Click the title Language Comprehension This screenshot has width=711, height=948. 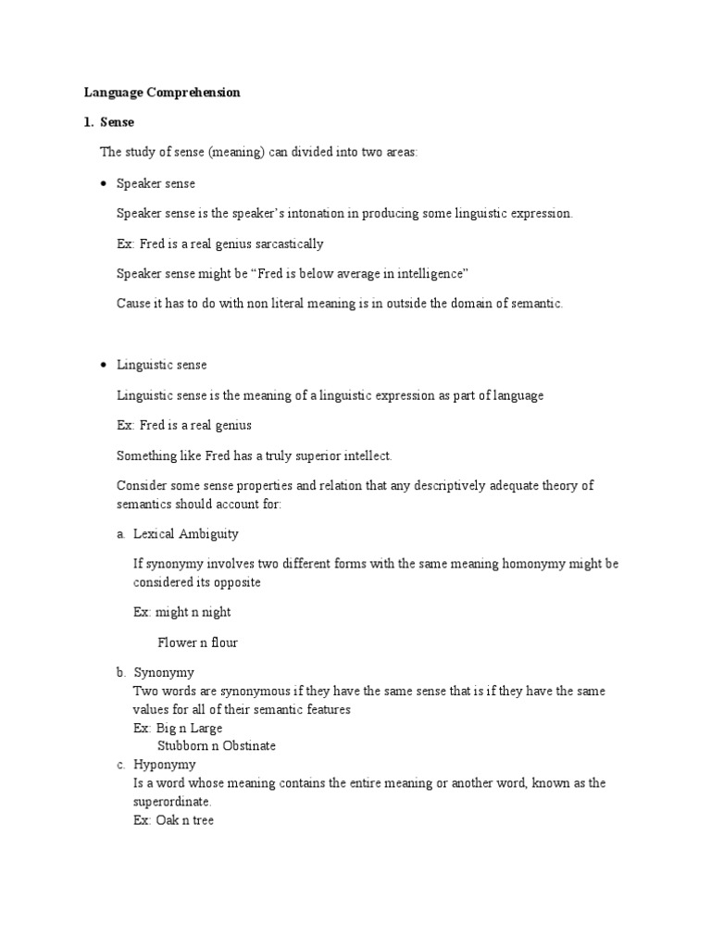point(162,93)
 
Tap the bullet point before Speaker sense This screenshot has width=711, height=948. point(103,184)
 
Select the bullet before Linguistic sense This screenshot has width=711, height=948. point(103,366)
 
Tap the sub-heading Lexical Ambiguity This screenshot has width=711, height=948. point(186,534)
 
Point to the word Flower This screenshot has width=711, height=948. point(178,642)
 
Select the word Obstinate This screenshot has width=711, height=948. point(247,745)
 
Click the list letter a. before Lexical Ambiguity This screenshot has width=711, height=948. point(120,534)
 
